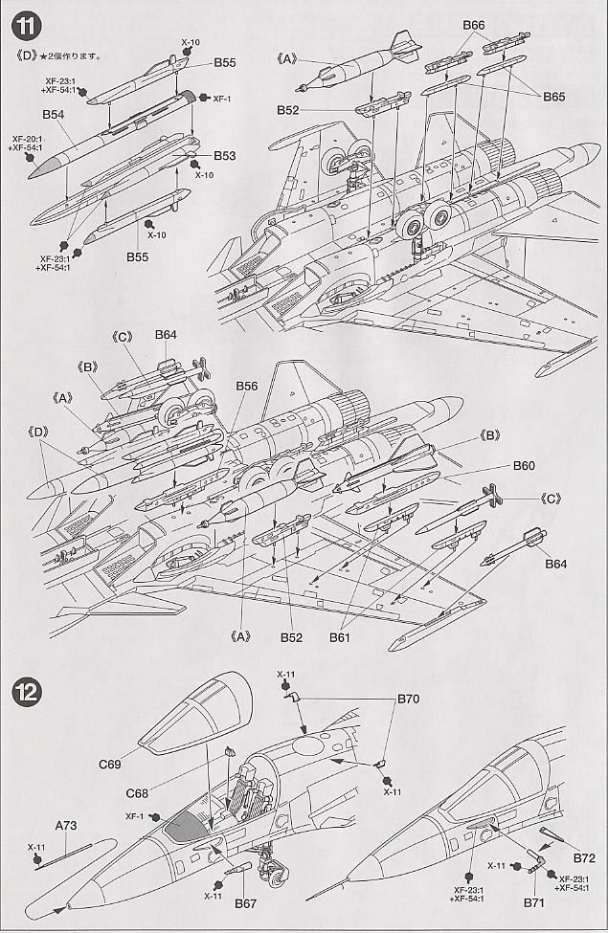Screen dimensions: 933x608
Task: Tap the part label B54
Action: [54, 114]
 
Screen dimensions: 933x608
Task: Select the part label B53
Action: [225, 155]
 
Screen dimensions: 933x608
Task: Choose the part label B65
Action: [554, 97]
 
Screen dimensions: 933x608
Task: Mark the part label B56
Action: [247, 386]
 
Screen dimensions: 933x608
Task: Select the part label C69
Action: [109, 765]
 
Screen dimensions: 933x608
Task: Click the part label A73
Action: [66, 825]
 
